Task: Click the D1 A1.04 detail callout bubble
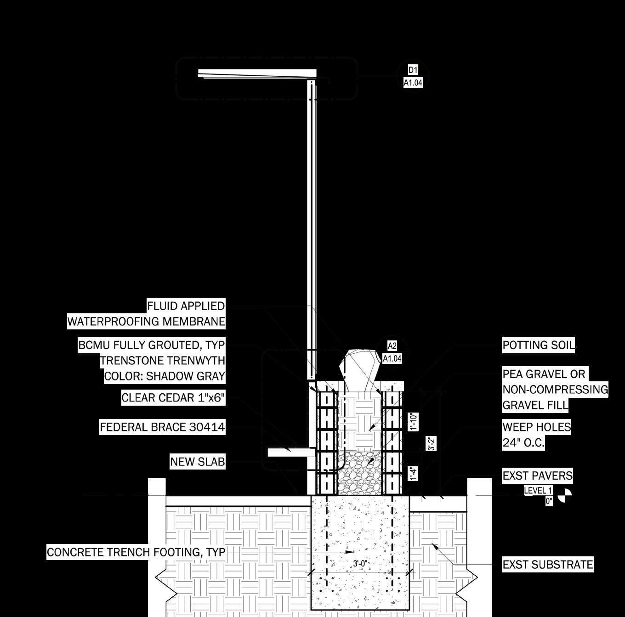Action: [413, 76]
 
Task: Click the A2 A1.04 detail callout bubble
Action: [392, 352]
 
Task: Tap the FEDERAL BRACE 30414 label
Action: [163, 427]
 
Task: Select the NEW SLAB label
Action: [198, 461]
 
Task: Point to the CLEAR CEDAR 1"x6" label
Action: [173, 397]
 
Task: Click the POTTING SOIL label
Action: [538, 345]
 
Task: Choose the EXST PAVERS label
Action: [537, 475]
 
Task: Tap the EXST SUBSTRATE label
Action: [547, 564]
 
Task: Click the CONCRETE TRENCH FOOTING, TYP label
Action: [136, 552]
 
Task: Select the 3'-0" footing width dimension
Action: [360, 564]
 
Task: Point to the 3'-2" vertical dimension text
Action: [431, 443]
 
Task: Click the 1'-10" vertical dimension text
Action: [414, 421]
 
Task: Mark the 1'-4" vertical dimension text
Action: [414, 473]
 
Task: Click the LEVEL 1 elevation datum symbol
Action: [564, 496]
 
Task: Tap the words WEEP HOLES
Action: [536, 427]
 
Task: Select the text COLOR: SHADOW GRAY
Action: [165, 376]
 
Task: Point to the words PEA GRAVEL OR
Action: [544, 374]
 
